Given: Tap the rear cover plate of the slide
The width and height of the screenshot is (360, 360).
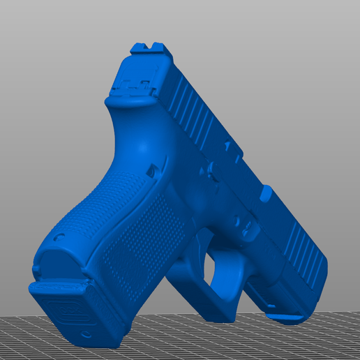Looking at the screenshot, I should (135, 87).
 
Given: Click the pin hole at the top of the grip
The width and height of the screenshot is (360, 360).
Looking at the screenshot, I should (151, 170).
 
